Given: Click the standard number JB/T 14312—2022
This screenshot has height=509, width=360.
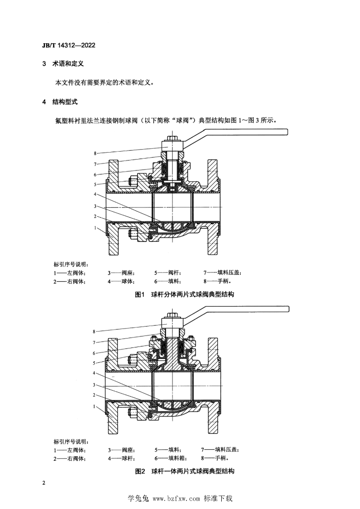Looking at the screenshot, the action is click(x=69, y=45).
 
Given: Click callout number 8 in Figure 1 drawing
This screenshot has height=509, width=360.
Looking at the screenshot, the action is click(x=95, y=154).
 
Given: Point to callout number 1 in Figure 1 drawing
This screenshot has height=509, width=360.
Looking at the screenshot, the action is click(x=95, y=228).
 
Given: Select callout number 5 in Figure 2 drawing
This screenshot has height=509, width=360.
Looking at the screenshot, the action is click(x=94, y=363).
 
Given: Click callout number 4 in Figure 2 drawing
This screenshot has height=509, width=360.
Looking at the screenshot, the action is click(x=94, y=373).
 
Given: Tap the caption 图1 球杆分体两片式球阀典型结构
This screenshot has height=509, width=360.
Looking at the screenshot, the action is click(x=184, y=294).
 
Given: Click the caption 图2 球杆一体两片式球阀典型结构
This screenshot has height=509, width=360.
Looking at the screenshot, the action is click(x=184, y=471).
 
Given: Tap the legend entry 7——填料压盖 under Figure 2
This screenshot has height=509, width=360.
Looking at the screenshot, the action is click(x=220, y=450).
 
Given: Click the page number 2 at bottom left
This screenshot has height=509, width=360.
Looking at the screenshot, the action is click(x=44, y=483).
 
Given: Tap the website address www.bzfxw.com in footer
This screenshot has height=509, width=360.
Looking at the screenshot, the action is click(x=176, y=499).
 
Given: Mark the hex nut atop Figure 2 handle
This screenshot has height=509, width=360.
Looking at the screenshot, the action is click(x=172, y=316).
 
